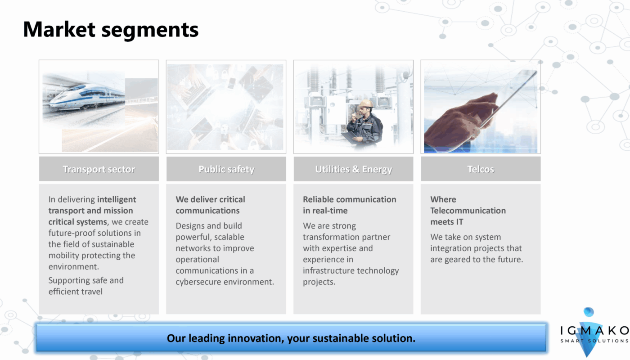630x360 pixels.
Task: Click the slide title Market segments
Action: pos(111,30)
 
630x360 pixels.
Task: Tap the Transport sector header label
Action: pos(99,169)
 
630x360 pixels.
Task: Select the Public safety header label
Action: pos(226,169)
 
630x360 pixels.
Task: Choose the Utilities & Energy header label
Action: pos(354,169)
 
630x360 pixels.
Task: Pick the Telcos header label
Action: pos(481,169)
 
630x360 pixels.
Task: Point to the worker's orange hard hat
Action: pos(366,103)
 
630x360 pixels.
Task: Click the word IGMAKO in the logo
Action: pos(594,330)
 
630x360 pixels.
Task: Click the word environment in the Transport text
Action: pos(73,266)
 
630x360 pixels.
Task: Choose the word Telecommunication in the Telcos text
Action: pos(468,211)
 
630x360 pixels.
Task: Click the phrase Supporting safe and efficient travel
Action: pos(86,286)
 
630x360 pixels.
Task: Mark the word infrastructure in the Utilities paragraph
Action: pos(331,270)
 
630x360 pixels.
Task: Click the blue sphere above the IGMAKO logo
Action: pos(589,312)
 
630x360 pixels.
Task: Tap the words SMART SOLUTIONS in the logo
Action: pos(594,341)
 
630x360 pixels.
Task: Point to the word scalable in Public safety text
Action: pos(229,237)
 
